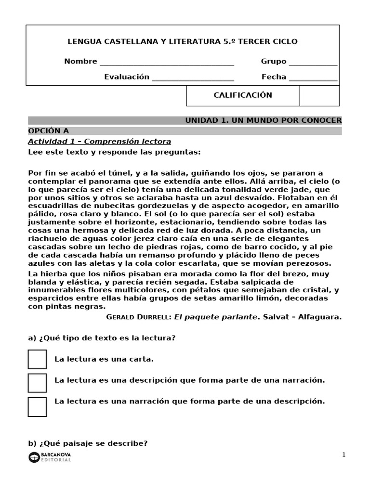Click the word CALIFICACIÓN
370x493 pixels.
pos(243,95)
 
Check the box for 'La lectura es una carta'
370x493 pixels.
pos(37,360)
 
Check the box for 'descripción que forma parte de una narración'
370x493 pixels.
pos(37,383)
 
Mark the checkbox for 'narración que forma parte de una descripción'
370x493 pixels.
pos(37,406)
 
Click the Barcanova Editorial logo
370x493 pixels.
pos(50,457)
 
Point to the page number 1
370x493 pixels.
pos(344,454)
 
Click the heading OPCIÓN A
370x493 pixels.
pos(49,131)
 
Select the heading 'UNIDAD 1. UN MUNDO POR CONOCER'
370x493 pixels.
pos(263,120)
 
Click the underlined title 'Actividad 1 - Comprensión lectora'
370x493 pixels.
pos(99,142)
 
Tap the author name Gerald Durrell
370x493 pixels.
pos(137,317)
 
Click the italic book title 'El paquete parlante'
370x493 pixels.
pos(216,317)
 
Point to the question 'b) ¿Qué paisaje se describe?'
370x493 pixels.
pos(88,443)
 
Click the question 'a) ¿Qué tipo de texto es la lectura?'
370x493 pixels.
pos(102,338)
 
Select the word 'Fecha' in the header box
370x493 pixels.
pos(274,77)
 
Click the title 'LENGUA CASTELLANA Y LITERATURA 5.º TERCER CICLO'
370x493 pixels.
pos(182,42)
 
